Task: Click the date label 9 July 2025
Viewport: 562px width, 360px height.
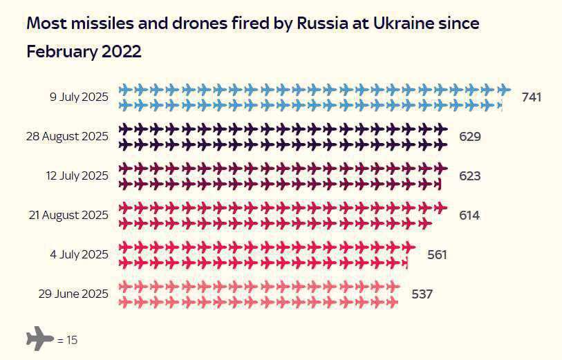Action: pos(79,97)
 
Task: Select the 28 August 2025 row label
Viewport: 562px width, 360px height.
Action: pos(67,136)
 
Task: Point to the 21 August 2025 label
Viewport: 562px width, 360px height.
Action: pos(68,215)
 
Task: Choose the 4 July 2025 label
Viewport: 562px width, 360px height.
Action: pos(79,254)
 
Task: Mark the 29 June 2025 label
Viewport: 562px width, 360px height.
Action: pos(73,294)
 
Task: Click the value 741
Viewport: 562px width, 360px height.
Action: pos(531,97)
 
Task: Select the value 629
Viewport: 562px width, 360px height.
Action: pos(469,137)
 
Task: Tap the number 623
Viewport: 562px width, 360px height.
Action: pos(469,176)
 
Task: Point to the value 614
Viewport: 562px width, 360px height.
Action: pos(469,215)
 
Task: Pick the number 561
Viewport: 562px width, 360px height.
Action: pos(437,255)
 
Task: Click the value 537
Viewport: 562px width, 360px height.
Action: pos(422,294)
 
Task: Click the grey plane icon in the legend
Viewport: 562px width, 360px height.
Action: pos(39,339)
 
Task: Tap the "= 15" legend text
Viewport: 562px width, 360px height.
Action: pos(67,340)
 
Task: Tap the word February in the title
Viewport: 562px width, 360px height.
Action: pos(59,51)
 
